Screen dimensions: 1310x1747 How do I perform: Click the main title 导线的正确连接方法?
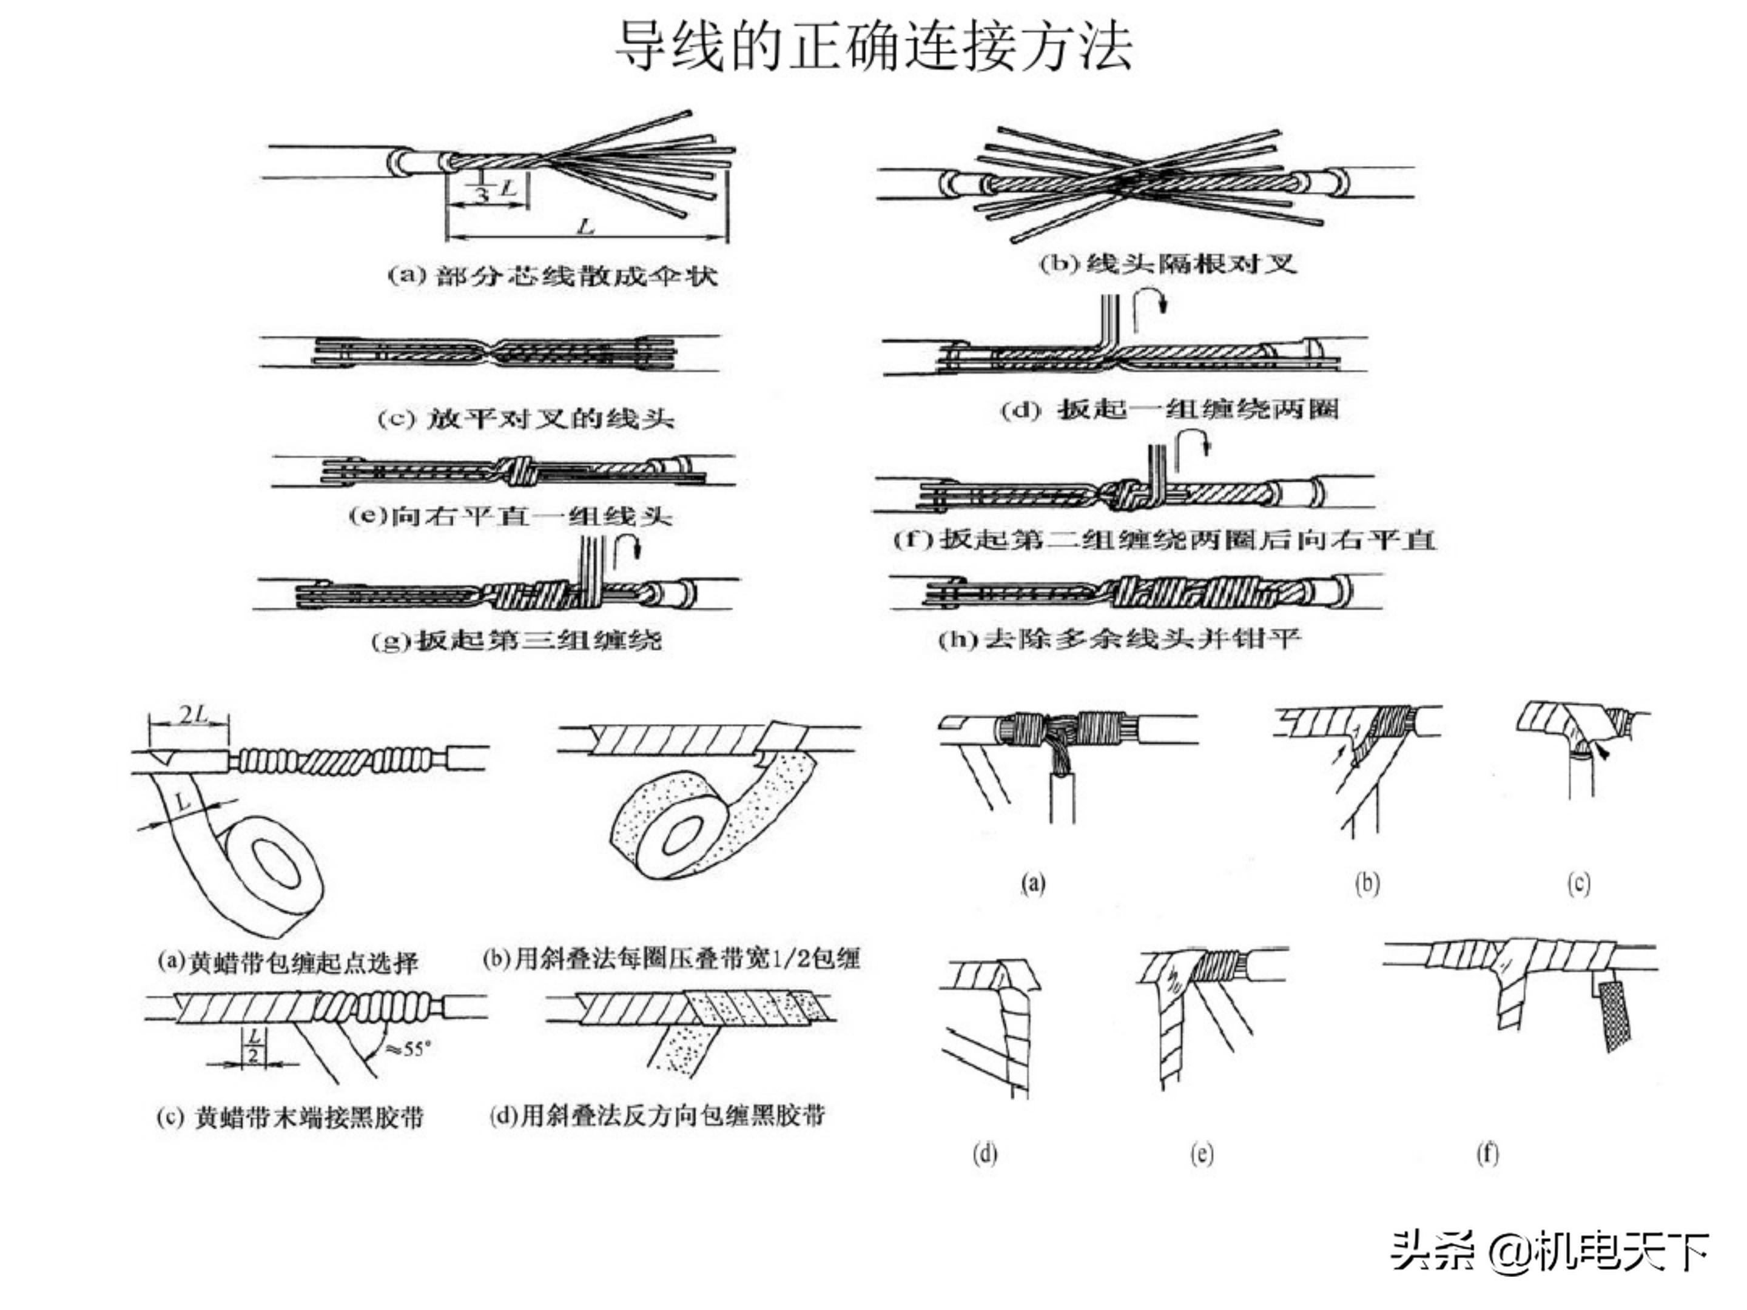(873, 46)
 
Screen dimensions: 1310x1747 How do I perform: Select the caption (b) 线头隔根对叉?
(1167, 263)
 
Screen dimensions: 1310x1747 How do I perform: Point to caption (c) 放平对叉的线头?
(525, 418)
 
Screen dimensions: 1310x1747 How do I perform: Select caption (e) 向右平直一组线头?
(510, 517)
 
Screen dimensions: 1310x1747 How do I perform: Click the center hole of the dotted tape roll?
(682, 836)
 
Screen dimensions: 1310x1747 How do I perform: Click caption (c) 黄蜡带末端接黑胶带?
(290, 1117)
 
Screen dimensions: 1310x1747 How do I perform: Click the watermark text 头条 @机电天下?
(1550, 1252)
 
